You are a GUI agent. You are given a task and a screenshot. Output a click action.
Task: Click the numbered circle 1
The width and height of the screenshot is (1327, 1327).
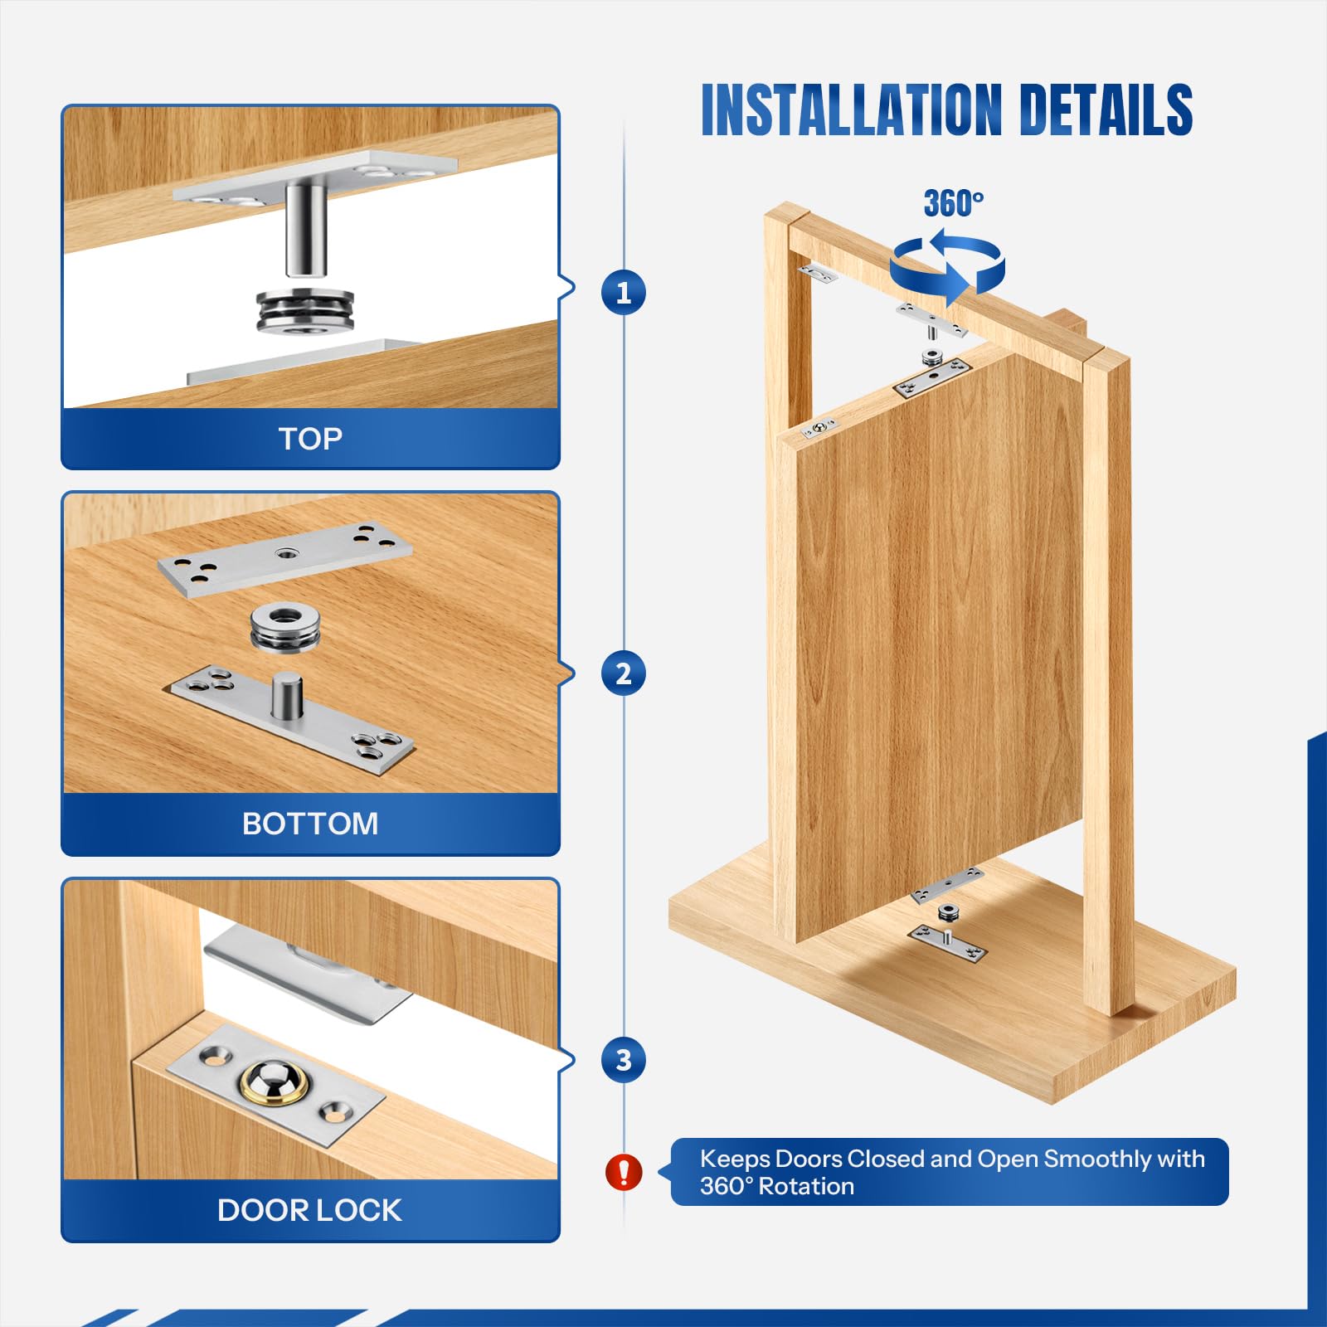[624, 291]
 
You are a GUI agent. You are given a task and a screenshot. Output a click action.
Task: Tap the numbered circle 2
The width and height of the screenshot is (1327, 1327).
[624, 673]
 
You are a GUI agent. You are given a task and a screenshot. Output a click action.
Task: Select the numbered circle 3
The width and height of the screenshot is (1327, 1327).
[624, 1059]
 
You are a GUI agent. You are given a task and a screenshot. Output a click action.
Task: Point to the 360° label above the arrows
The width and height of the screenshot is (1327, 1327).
[954, 203]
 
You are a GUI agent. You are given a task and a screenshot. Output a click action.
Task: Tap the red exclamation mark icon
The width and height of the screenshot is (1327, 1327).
[624, 1172]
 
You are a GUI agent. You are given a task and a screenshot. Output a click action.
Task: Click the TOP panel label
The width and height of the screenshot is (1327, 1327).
[310, 439]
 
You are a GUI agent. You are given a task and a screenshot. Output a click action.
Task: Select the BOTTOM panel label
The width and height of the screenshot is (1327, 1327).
[310, 824]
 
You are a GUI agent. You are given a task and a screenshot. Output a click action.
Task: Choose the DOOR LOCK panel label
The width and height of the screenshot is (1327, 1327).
[310, 1210]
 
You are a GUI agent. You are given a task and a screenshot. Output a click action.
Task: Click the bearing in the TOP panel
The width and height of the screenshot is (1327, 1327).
[306, 310]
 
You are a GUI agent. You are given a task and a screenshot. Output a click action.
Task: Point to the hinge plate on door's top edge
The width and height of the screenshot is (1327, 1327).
[932, 380]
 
